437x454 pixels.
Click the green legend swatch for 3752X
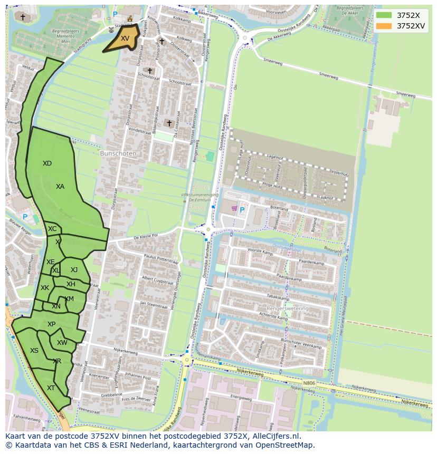(x=384, y=15)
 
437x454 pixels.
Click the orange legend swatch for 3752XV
(x=384, y=25)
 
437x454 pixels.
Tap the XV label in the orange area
(x=125, y=38)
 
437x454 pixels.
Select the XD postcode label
(x=47, y=163)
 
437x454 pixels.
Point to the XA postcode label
(x=60, y=187)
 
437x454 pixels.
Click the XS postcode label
(x=34, y=351)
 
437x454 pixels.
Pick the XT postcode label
(x=51, y=388)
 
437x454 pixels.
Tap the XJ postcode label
(x=74, y=270)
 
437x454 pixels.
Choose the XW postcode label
(x=62, y=343)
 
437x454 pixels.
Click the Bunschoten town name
(x=118, y=153)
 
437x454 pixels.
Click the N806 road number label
(x=309, y=383)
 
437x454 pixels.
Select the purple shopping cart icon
(x=234, y=209)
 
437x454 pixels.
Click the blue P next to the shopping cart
(x=242, y=210)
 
